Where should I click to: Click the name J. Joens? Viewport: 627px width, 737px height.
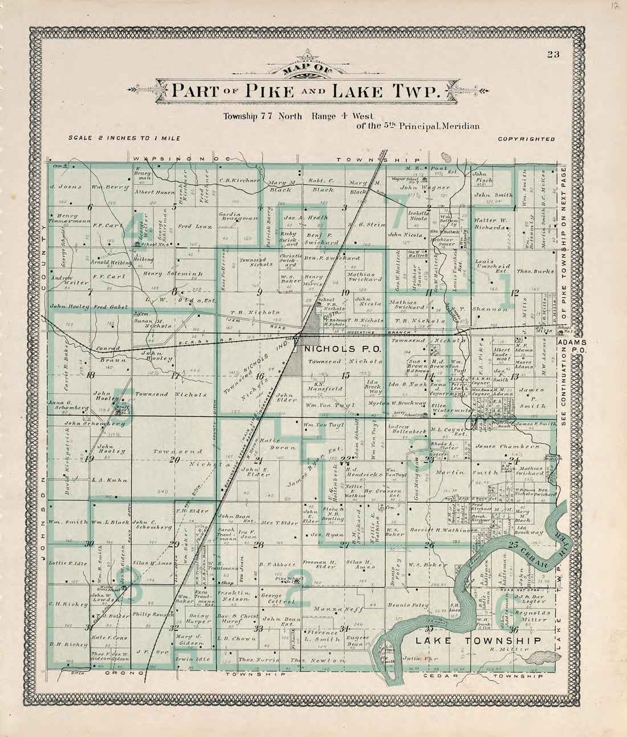click(65, 187)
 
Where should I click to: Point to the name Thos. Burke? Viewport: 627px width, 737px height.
click(535, 272)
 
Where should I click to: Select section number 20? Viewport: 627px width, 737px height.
click(175, 459)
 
